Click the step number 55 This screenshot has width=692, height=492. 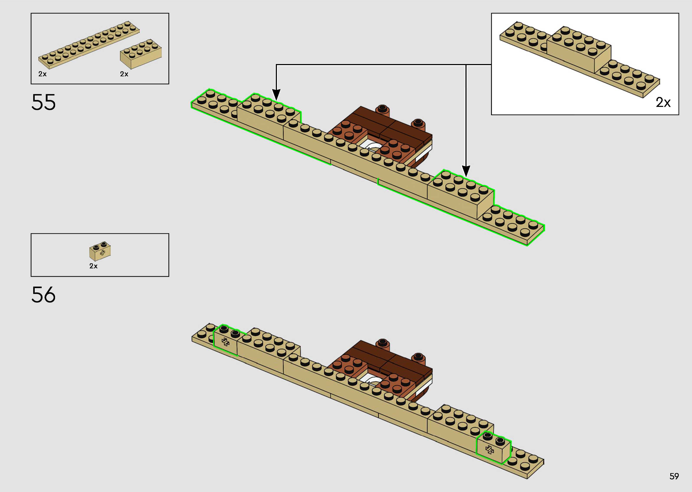43,102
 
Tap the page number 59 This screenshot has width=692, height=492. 674,476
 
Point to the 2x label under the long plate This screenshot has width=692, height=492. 42,74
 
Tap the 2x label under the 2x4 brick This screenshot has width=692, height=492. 124,74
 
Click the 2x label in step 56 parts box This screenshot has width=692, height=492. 93,266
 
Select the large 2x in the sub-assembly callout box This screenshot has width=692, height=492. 663,102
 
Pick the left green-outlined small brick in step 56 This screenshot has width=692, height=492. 226,341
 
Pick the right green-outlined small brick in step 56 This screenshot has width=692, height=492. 492,448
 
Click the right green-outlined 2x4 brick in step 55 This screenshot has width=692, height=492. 460,194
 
